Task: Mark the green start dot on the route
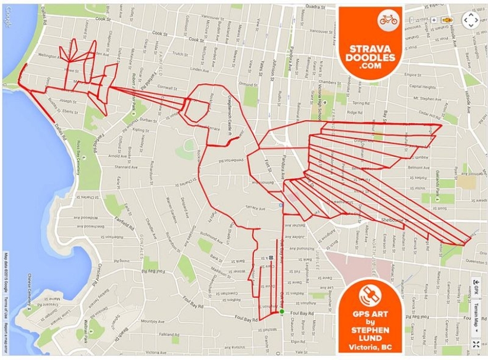[282, 311]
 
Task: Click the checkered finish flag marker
[270, 258]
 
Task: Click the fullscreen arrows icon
[476, 344]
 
